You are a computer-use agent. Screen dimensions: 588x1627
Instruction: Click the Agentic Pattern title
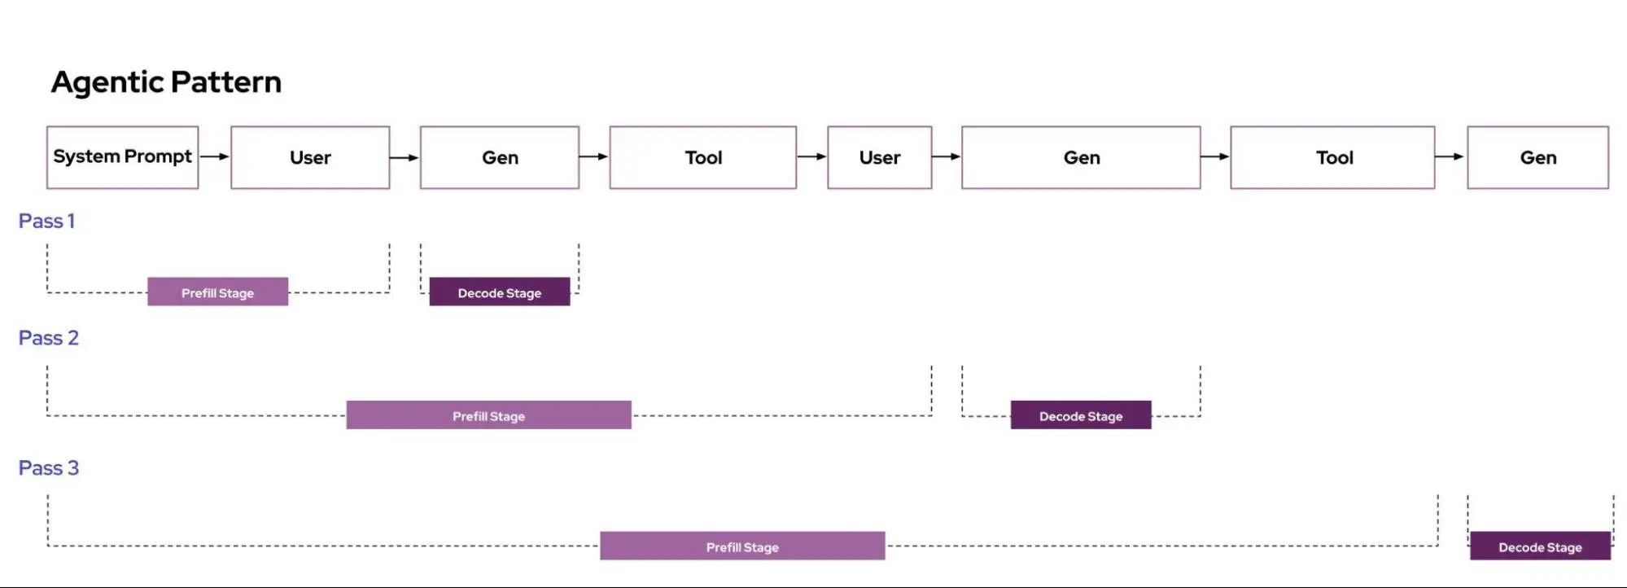(166, 82)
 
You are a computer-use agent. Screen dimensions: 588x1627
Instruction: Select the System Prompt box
(122, 157)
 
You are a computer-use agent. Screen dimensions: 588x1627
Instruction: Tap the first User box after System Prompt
(310, 157)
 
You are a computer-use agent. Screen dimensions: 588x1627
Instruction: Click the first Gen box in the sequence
(500, 157)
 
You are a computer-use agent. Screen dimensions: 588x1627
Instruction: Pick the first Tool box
(703, 157)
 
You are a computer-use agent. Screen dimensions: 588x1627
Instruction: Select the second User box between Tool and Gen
(880, 157)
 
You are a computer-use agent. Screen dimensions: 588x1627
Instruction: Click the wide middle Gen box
(1081, 157)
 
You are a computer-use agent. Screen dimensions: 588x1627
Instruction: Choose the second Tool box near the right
(1333, 157)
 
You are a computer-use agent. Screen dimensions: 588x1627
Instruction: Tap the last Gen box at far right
(1537, 157)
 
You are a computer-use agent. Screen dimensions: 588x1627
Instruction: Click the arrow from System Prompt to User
(214, 156)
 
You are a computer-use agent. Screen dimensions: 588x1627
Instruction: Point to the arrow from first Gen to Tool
(594, 156)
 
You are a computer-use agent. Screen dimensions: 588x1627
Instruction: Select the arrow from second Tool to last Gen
(1450, 156)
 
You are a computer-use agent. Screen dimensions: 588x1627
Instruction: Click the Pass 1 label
(46, 221)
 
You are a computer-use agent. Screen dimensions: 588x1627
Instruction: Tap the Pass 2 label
(49, 338)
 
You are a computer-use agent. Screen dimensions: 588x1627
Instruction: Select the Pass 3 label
(49, 468)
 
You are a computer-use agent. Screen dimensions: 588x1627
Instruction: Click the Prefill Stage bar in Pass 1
(217, 292)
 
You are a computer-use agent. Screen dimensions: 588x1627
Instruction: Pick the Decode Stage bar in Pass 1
(500, 292)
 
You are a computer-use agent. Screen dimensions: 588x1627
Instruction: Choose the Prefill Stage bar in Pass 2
(488, 415)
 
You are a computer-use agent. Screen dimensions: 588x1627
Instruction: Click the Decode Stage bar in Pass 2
(1081, 415)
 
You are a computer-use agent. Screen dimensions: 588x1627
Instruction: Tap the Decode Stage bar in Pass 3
(1540, 546)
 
